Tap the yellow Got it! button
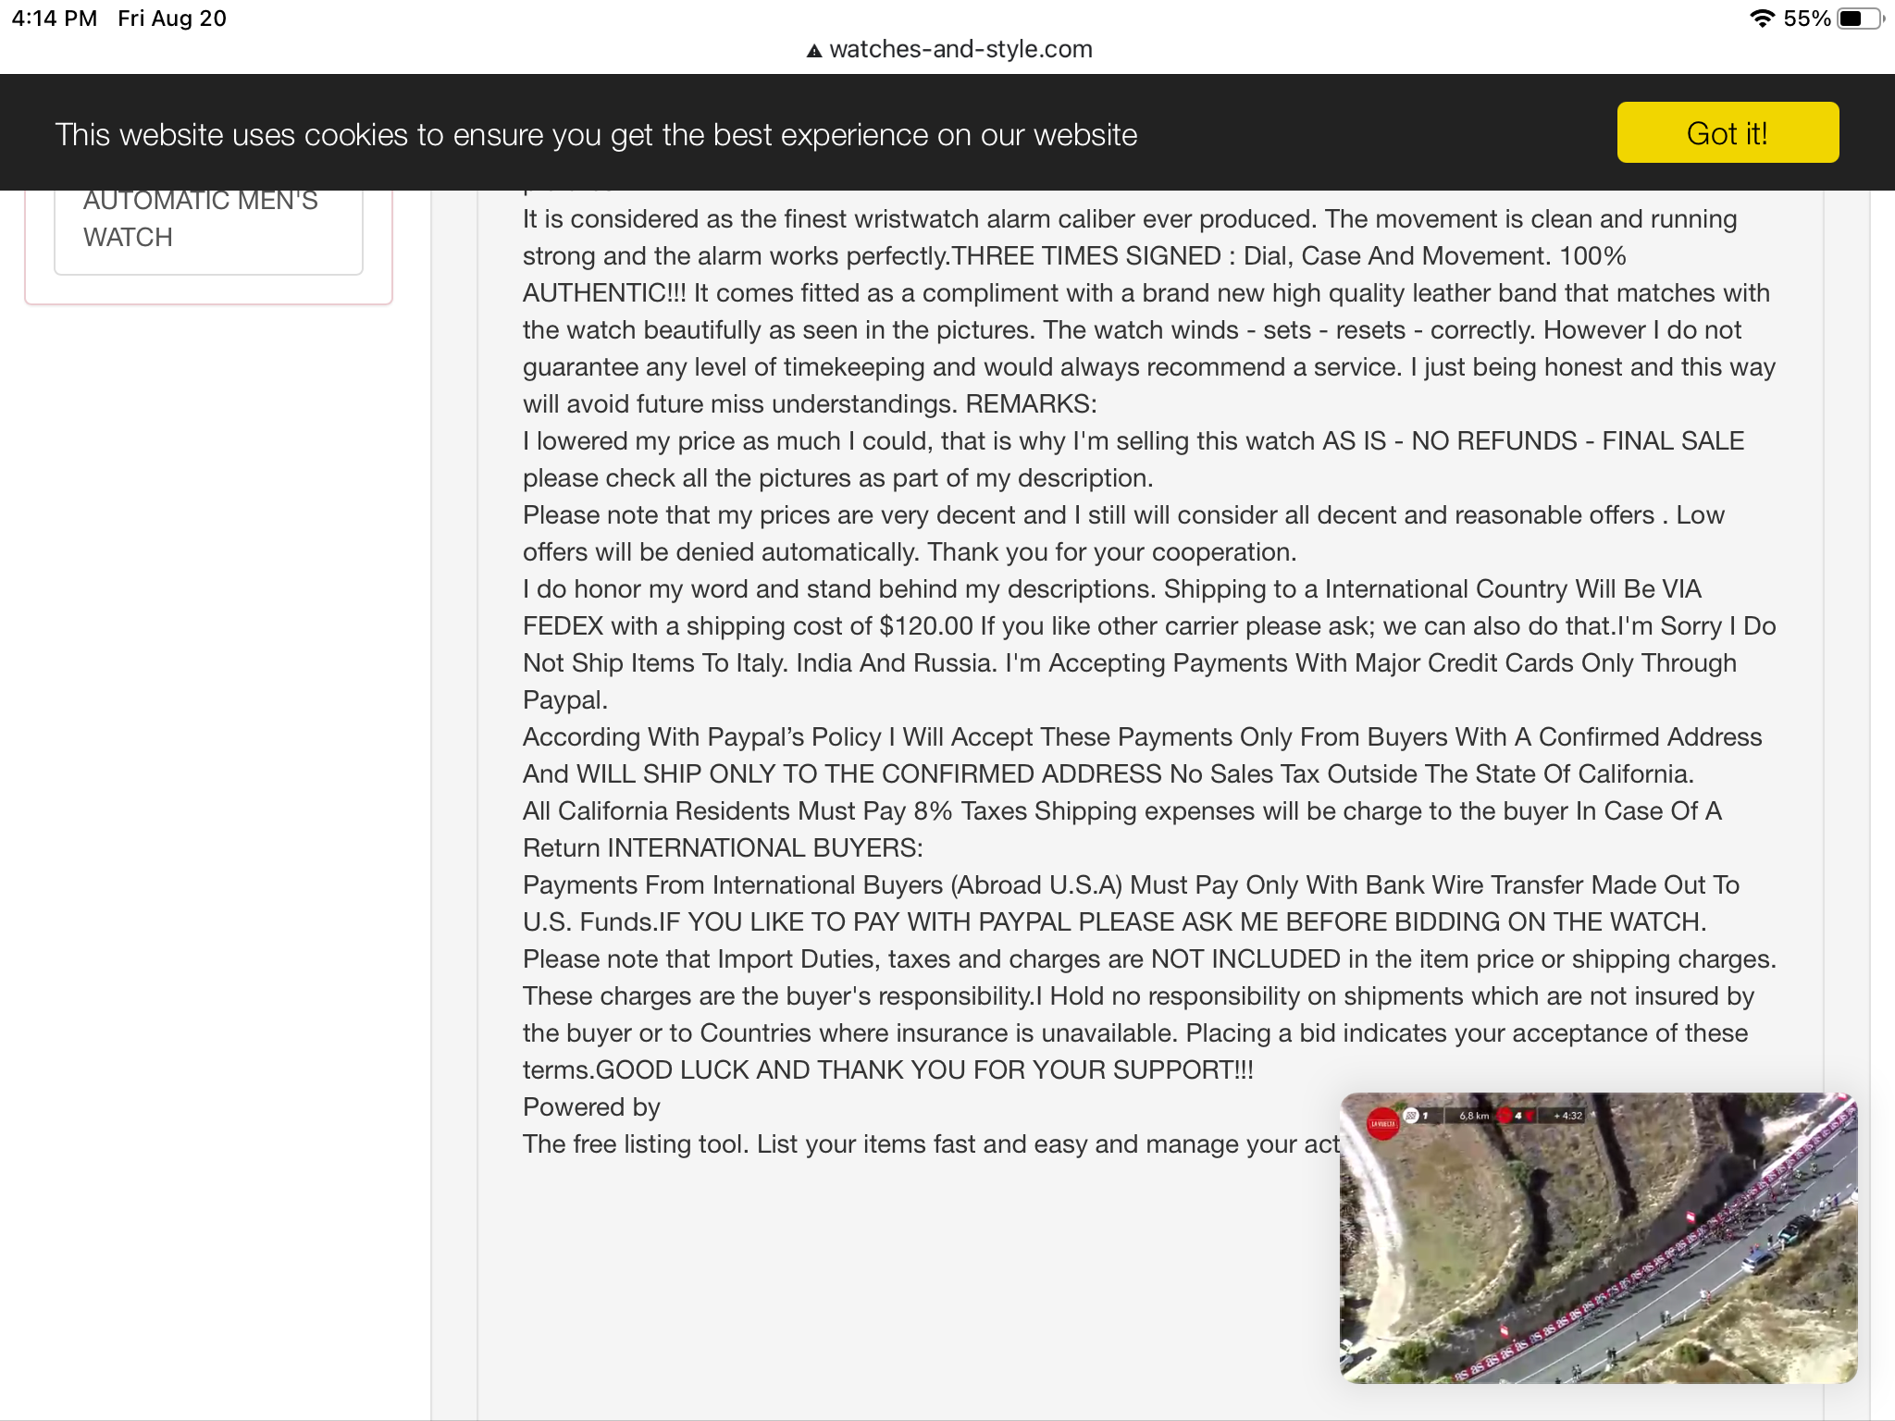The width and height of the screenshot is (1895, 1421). [x=1727, y=133]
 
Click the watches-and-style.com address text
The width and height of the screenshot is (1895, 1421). [x=960, y=49]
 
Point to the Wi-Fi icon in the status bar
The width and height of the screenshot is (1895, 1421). [x=1762, y=19]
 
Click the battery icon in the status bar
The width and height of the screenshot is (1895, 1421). [x=1858, y=19]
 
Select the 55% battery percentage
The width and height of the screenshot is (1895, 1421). [x=1806, y=19]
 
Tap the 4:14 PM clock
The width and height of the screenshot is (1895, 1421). [x=55, y=19]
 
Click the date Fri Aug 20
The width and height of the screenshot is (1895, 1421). [x=172, y=19]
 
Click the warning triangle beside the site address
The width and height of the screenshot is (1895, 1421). [x=814, y=51]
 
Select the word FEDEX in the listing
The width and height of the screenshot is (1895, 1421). [x=563, y=626]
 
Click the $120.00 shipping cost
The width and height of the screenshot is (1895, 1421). [x=925, y=626]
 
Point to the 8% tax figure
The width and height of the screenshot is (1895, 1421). [x=932, y=811]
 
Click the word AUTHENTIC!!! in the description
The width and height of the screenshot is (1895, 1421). [x=604, y=293]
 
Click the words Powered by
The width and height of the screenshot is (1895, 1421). [x=591, y=1107]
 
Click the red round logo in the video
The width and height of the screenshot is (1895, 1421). [x=1383, y=1123]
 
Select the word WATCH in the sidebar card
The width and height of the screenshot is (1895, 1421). [x=128, y=238]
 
